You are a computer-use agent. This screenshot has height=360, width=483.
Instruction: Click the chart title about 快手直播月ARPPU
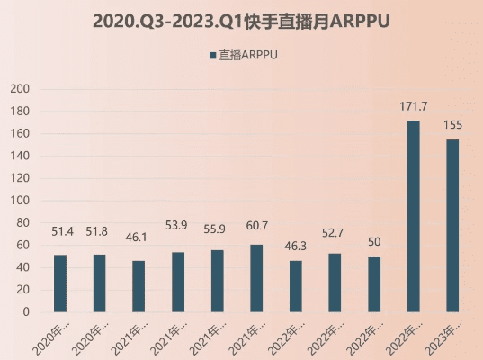[241, 21]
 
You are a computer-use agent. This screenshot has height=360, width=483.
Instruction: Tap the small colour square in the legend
[212, 56]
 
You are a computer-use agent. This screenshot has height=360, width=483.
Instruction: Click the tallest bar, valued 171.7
[413, 216]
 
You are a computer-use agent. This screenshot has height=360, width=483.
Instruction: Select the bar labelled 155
[452, 226]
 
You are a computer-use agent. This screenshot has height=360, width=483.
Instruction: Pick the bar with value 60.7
[256, 278]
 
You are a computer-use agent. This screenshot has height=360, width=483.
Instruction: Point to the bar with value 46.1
[139, 286]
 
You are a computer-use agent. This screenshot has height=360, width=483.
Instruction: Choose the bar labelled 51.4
[60, 283]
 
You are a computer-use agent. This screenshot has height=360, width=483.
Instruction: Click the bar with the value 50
[374, 284]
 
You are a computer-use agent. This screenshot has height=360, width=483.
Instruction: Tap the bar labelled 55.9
[217, 281]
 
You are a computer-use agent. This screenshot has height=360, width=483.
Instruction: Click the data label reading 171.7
[413, 107]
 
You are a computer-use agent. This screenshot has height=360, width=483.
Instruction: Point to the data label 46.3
[296, 245]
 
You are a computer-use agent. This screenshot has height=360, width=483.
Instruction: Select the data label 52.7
[335, 238]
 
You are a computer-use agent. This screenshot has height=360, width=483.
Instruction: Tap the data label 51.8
[100, 231]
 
